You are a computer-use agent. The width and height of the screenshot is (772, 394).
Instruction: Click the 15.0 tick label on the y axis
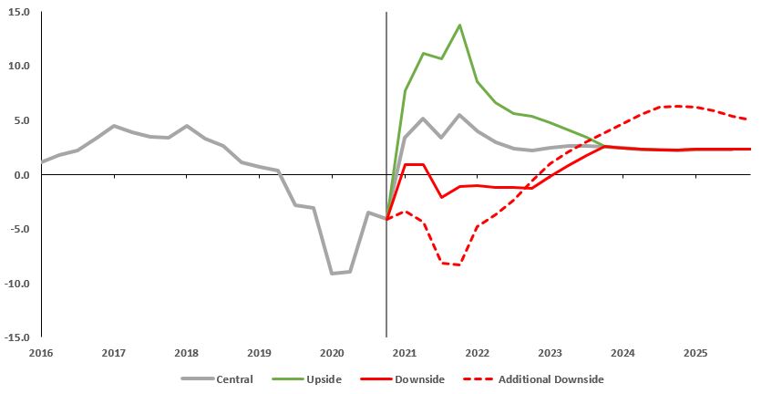[x=20, y=13]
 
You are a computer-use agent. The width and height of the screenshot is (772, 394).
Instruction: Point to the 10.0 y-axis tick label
[x=20, y=67]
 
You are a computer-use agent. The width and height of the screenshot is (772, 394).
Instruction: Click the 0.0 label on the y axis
[x=23, y=175]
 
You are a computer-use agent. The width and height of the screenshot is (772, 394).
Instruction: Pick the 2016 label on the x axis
[x=40, y=352]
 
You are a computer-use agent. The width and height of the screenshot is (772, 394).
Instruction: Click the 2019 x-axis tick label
[x=259, y=352]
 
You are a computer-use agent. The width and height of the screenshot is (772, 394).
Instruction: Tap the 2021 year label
[x=404, y=352]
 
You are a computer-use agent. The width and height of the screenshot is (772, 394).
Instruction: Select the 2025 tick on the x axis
[x=695, y=352]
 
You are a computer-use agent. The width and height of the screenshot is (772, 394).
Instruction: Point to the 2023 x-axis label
[x=550, y=352]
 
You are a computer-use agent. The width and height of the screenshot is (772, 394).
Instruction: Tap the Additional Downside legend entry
[x=538, y=379]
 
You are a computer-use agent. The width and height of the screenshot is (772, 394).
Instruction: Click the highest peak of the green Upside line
[x=459, y=25]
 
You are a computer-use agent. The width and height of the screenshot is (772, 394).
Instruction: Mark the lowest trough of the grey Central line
[x=332, y=273]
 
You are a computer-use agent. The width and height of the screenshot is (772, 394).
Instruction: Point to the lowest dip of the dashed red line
[x=459, y=264]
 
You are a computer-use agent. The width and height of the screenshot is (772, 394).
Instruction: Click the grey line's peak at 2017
[x=113, y=126]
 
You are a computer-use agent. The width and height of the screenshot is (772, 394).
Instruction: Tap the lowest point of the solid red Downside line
[x=441, y=197]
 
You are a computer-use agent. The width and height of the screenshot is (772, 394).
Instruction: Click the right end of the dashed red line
[x=748, y=119]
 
